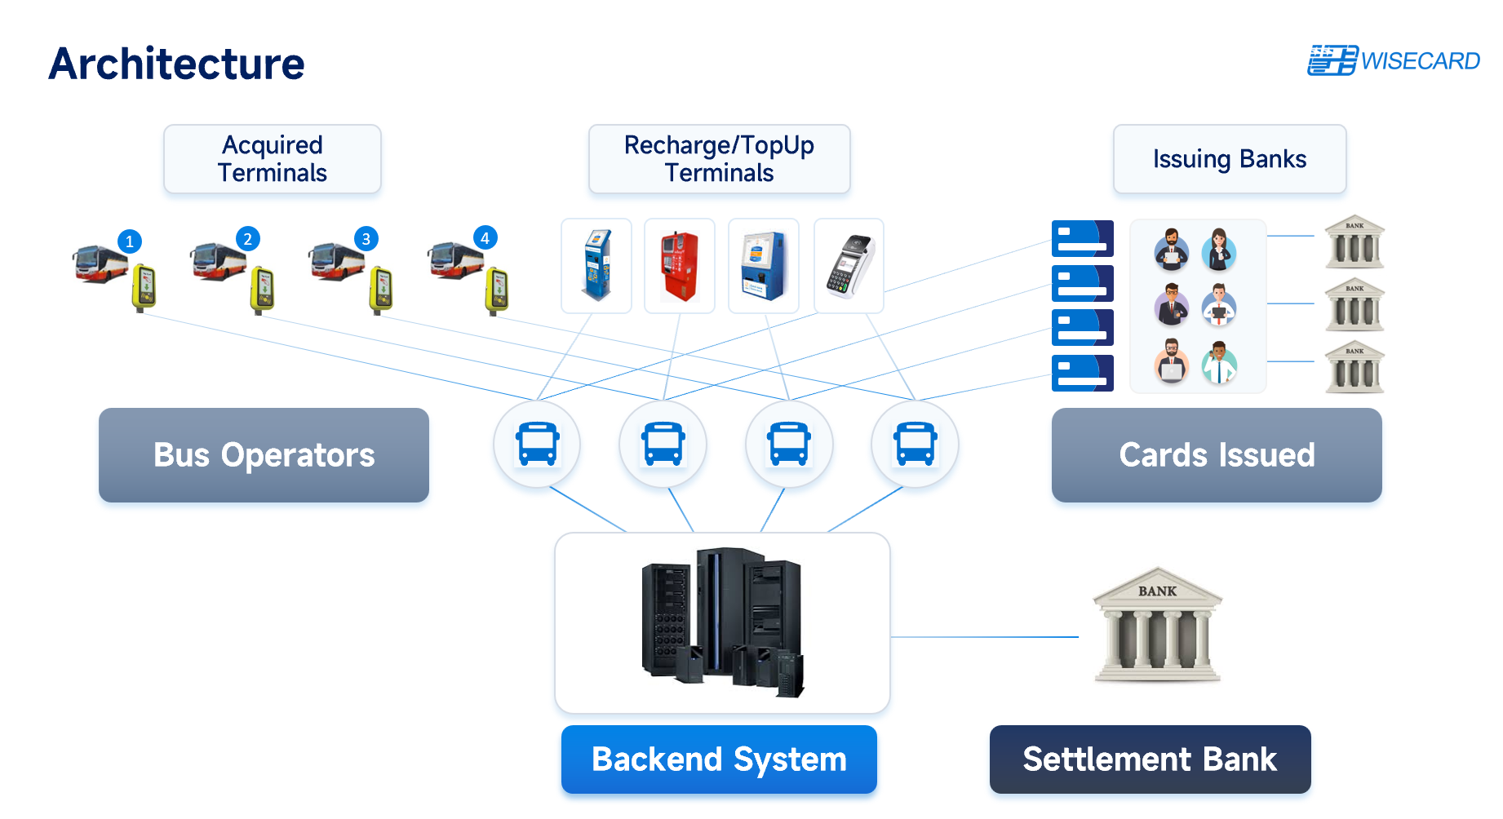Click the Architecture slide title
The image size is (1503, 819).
pyautogui.click(x=176, y=64)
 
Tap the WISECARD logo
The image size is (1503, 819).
pyautogui.click(x=1394, y=60)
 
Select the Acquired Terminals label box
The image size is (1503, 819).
pyautogui.click(x=273, y=159)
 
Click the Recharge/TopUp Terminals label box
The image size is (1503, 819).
pyautogui.click(x=719, y=159)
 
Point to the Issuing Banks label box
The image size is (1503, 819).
pyautogui.click(x=1229, y=159)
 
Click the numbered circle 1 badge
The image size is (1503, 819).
pyautogui.click(x=130, y=241)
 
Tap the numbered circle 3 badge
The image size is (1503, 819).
pyautogui.click(x=366, y=239)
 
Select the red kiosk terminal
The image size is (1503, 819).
pyautogui.click(x=680, y=266)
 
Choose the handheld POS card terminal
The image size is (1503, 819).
pyautogui.click(x=849, y=266)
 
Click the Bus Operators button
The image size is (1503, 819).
pyautogui.click(x=264, y=455)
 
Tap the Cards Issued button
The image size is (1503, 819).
pyautogui.click(x=1217, y=455)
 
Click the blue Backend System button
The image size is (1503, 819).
pyautogui.click(x=719, y=759)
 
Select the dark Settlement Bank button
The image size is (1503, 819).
pyautogui.click(x=1150, y=759)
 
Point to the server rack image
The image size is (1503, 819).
pyautogui.click(x=722, y=622)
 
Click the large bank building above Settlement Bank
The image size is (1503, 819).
pyautogui.click(x=1157, y=625)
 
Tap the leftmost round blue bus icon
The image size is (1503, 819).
pyautogui.click(x=537, y=444)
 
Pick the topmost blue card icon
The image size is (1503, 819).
pyautogui.click(x=1082, y=238)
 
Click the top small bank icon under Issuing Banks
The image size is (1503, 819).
pyautogui.click(x=1354, y=242)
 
